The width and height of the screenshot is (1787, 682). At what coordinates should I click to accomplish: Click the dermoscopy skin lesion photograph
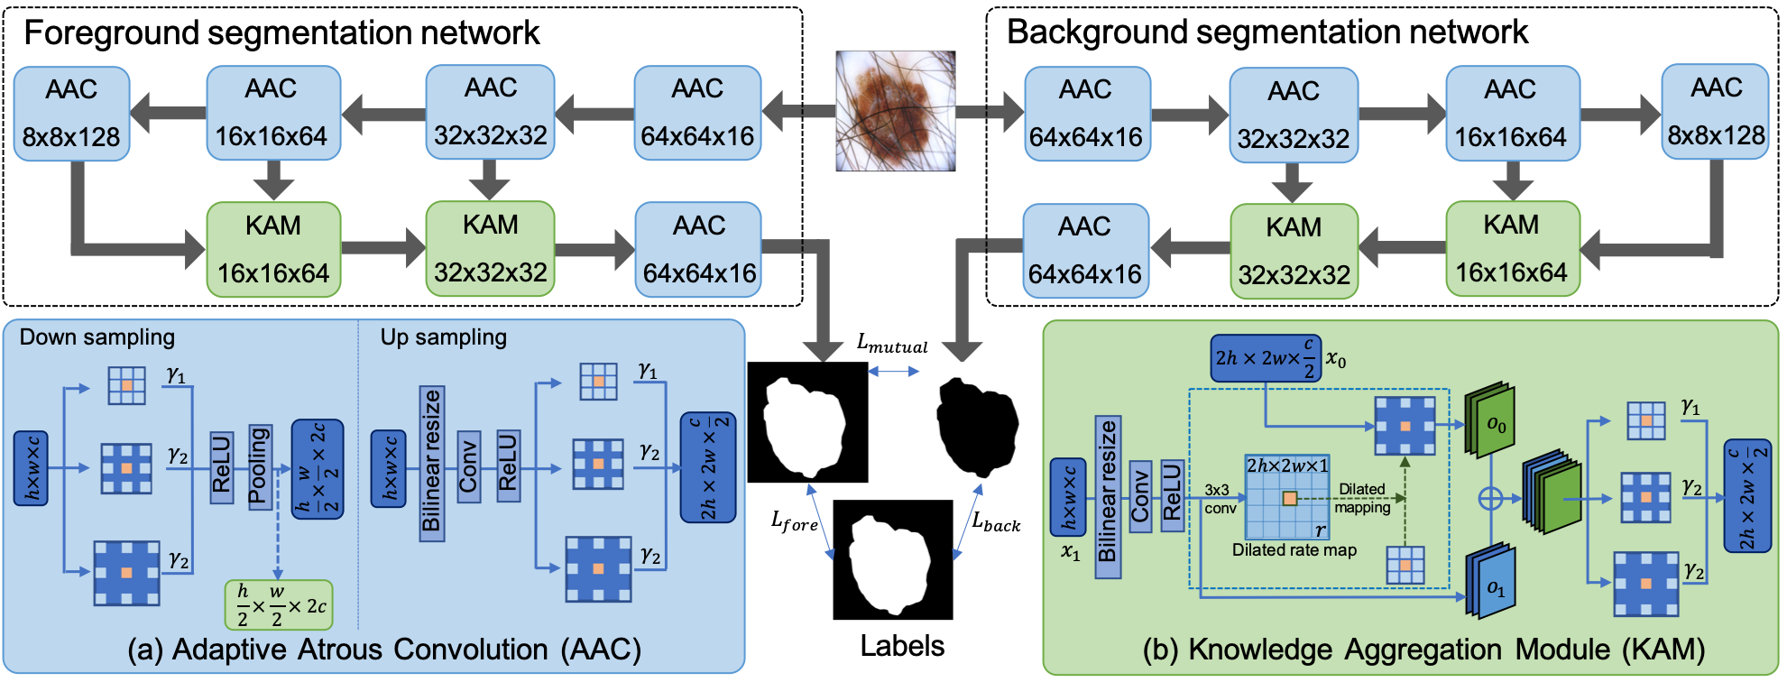[895, 111]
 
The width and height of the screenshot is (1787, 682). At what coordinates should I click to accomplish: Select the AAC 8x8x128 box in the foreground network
[71, 114]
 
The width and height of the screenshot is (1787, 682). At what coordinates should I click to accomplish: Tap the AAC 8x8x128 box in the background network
[1715, 112]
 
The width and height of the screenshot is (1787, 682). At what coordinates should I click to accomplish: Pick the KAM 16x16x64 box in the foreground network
[273, 249]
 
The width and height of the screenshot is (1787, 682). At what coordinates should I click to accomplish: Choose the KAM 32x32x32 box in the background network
[1294, 251]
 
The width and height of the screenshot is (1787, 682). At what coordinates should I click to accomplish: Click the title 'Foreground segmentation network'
[281, 33]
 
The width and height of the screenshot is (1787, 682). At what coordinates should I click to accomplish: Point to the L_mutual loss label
[892, 344]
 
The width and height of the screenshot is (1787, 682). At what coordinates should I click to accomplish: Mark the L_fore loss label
[794, 521]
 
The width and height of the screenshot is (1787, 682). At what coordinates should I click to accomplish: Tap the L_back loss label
[996, 521]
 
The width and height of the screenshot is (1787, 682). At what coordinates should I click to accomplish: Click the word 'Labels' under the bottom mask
[902, 646]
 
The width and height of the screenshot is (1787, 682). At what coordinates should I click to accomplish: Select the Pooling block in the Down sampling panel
[259, 466]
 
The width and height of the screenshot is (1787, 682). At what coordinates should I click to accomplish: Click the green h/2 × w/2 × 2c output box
[279, 605]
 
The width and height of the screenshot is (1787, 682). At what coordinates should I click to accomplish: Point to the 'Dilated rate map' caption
[1294, 550]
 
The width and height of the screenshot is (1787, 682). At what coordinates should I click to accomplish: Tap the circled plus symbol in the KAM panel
[1490, 498]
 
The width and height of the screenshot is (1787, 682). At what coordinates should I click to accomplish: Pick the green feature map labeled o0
[1489, 421]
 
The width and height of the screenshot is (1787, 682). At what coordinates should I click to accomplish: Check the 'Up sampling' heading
[443, 337]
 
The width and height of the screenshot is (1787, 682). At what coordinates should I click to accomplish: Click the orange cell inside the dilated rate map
[1290, 498]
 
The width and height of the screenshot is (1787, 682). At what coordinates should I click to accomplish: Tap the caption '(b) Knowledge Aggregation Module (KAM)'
[1423, 650]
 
